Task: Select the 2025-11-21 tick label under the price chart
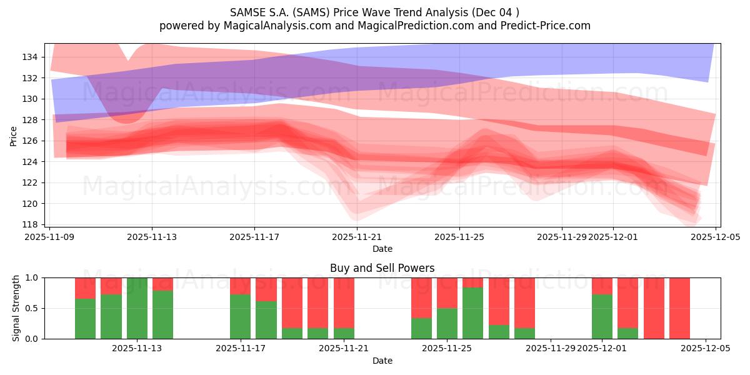[x=357, y=237]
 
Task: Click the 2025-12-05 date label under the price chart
[x=715, y=237]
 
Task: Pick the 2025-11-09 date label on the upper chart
[x=50, y=237]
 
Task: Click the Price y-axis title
[x=14, y=135]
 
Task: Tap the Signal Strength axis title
[x=16, y=308]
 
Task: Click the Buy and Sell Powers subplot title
[x=382, y=268]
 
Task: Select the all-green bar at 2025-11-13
[x=137, y=308]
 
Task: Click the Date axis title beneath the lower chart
[x=382, y=361]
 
